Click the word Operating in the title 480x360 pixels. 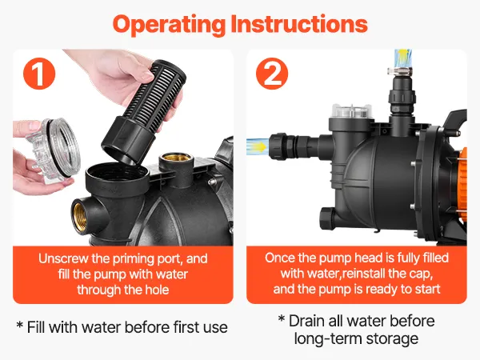(x=169, y=25)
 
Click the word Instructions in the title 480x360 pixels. (x=299, y=24)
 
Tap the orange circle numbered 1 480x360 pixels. (x=39, y=74)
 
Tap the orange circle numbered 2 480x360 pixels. (x=272, y=74)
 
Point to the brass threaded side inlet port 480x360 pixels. (x=81, y=214)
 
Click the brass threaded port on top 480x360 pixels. (x=176, y=158)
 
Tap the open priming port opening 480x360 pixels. (x=118, y=173)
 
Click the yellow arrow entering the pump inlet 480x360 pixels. (x=259, y=146)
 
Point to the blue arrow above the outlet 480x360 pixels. (x=403, y=58)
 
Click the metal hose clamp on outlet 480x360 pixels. (x=401, y=72)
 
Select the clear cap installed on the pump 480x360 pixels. (x=352, y=111)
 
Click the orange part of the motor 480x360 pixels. (x=462, y=184)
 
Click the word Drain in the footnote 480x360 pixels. (x=306, y=321)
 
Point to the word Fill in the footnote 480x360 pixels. (x=37, y=327)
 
